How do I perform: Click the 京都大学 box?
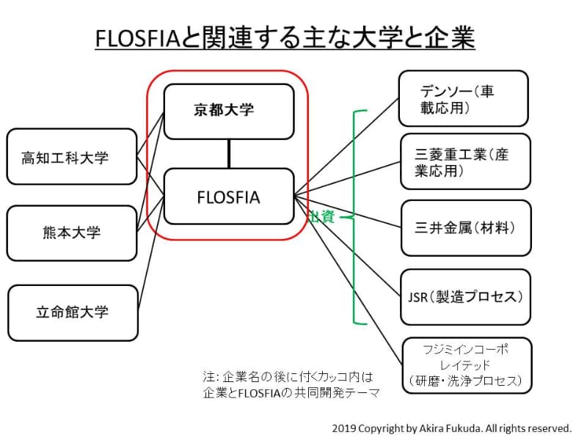pyautogui.click(x=228, y=111)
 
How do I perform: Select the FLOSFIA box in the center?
pyautogui.click(x=228, y=197)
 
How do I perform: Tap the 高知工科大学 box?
pyautogui.click(x=72, y=157)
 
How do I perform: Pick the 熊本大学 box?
pyautogui.click(x=72, y=233)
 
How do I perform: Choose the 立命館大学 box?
pyautogui.click(x=72, y=312)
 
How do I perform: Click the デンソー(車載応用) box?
pyautogui.click(x=464, y=99)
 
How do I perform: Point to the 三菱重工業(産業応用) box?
pyautogui.click(x=465, y=161)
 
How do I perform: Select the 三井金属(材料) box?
pyautogui.click(x=465, y=228)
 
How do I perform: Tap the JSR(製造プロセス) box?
pyautogui.click(x=465, y=297)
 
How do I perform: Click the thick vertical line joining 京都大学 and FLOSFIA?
pyautogui.click(x=229, y=154)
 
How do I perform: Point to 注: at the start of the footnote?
pyautogui.click(x=211, y=376)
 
